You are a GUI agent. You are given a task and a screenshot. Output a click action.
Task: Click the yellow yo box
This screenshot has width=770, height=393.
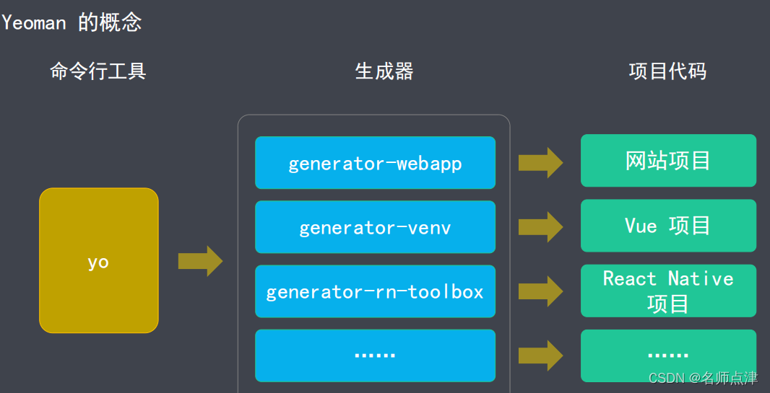click(x=98, y=260)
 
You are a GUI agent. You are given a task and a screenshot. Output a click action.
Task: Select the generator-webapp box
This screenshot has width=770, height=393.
click(x=375, y=163)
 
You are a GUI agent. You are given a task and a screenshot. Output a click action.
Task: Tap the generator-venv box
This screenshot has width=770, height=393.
click(x=375, y=227)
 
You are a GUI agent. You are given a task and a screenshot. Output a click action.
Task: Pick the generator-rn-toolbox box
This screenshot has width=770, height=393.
click(x=375, y=291)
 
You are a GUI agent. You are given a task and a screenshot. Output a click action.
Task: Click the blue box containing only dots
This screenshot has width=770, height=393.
click(x=375, y=356)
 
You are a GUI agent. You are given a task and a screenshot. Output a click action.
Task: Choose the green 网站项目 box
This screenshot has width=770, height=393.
click(x=668, y=160)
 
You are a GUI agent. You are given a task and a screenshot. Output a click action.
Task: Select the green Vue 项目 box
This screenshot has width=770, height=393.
click(x=668, y=226)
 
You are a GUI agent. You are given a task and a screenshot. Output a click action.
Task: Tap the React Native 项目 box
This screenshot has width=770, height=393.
click(x=668, y=291)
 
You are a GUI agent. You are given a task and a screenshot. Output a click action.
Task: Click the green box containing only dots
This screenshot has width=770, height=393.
click(x=668, y=356)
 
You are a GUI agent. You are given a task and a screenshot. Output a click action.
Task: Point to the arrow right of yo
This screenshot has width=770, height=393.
click(x=200, y=260)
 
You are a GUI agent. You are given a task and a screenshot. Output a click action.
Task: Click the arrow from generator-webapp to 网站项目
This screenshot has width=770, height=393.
click(x=540, y=162)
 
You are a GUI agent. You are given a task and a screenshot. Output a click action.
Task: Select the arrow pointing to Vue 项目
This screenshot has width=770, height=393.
click(x=540, y=226)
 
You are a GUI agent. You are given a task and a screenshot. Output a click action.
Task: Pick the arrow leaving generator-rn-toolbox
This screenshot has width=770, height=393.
click(x=540, y=291)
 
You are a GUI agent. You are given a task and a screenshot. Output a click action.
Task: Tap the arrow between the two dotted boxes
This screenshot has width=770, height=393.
click(x=540, y=356)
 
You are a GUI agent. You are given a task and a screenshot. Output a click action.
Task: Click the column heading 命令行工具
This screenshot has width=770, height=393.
click(x=98, y=71)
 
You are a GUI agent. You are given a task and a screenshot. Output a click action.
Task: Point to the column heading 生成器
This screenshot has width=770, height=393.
click(x=384, y=71)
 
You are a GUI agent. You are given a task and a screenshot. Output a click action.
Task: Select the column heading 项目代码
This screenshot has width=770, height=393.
click(x=667, y=71)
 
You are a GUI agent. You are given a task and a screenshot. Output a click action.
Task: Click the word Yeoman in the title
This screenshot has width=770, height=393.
click(x=34, y=22)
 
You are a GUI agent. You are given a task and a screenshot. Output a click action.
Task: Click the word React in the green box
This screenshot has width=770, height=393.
click(x=630, y=278)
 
